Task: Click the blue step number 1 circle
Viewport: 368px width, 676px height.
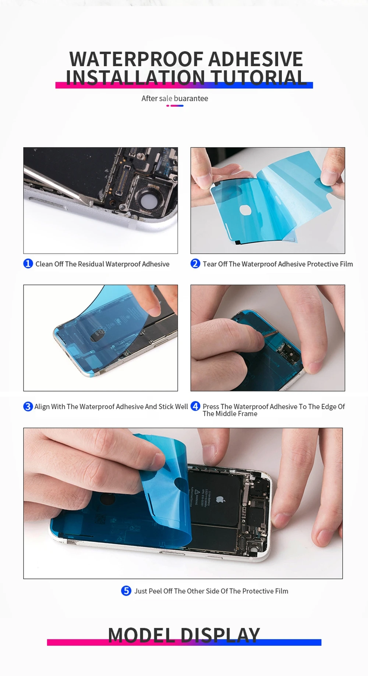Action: point(28,263)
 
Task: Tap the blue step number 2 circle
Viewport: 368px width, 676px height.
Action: point(195,263)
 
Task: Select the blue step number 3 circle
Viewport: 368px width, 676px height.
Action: point(28,406)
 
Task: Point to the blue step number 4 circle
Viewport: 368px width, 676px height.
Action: point(195,406)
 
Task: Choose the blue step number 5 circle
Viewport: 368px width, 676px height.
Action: point(126,591)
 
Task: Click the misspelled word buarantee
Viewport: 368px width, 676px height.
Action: point(191,98)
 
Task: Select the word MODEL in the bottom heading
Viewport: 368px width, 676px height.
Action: point(142,635)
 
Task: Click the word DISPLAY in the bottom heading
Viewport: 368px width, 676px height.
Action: point(220,635)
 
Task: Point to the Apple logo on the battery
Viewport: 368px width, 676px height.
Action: point(220,499)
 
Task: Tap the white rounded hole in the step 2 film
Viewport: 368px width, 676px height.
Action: point(245,210)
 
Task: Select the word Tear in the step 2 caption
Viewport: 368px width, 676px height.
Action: point(210,264)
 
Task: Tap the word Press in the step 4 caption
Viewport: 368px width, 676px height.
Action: point(211,407)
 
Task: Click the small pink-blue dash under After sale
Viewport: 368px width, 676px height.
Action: point(175,106)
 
